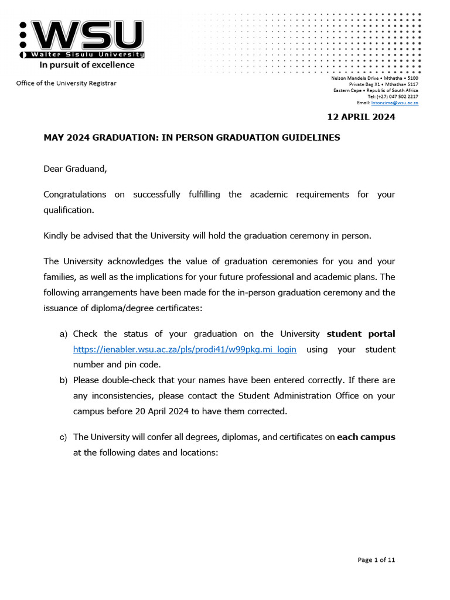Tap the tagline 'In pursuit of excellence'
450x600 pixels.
pyautogui.click(x=87, y=65)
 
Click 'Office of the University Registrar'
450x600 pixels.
pyautogui.click(x=66, y=83)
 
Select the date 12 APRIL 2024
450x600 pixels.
pyautogui.click(x=361, y=117)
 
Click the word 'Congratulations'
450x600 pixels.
pyautogui.click(x=75, y=194)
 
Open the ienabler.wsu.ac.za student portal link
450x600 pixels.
pyautogui.click(x=185, y=349)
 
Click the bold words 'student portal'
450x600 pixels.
pyautogui.click(x=360, y=334)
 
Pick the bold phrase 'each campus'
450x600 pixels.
pyautogui.click(x=366, y=437)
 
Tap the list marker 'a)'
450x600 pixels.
pyautogui.click(x=64, y=334)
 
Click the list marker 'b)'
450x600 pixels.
pyautogui.click(x=64, y=380)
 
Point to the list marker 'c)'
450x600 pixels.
pyautogui.click(x=64, y=437)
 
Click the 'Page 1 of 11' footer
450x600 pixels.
pyautogui.click(x=376, y=560)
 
